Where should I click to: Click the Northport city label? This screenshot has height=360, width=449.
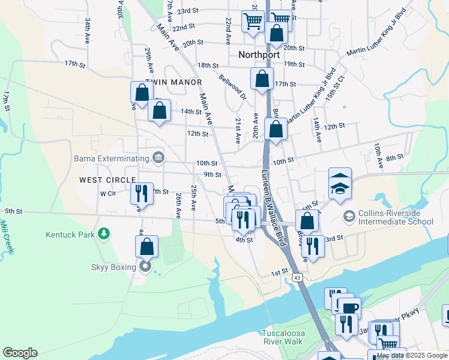[259, 55]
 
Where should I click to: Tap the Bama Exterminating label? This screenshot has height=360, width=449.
[111, 158]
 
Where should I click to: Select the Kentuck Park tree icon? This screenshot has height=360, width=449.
[104, 233]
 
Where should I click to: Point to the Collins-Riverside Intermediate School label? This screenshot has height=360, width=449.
[396, 217]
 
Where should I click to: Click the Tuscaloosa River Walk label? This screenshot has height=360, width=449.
[284, 337]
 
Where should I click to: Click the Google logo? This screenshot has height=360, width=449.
[20, 353]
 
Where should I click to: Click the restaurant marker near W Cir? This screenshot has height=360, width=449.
[142, 194]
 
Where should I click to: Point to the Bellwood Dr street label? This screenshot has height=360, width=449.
[233, 88]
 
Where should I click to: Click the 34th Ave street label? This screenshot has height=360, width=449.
[88, 27]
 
